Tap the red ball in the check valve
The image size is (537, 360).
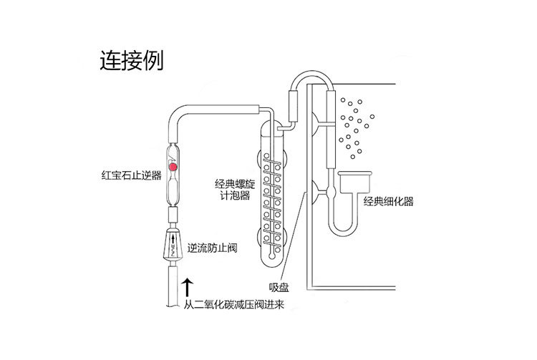173,166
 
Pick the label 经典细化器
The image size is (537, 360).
389,202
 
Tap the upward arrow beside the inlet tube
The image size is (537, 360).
188,288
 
